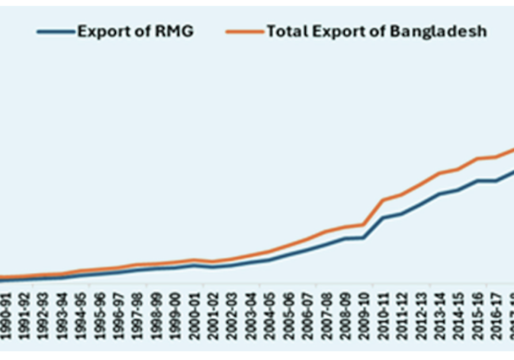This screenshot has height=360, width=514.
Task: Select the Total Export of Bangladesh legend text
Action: tap(376, 31)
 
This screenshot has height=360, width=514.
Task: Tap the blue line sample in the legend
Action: tap(56, 32)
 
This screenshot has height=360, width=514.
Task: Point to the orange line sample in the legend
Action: tap(245, 32)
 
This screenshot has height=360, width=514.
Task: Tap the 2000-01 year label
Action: tap(193, 312)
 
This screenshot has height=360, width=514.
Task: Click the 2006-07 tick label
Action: tap(307, 312)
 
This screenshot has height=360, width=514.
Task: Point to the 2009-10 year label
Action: tap(364, 312)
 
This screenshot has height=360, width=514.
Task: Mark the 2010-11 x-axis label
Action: tap(383, 312)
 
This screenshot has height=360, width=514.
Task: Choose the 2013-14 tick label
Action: tap(440, 312)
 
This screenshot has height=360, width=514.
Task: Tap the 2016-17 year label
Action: tap(496, 312)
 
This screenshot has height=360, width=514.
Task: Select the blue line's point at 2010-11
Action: tap(382, 218)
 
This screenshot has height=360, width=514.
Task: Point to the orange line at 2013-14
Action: tap(439, 173)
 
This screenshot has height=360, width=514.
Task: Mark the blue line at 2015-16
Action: tap(478, 181)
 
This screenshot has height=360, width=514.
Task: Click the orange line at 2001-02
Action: tap(212, 262)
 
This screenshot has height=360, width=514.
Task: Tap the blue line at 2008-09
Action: tap(345, 239)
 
